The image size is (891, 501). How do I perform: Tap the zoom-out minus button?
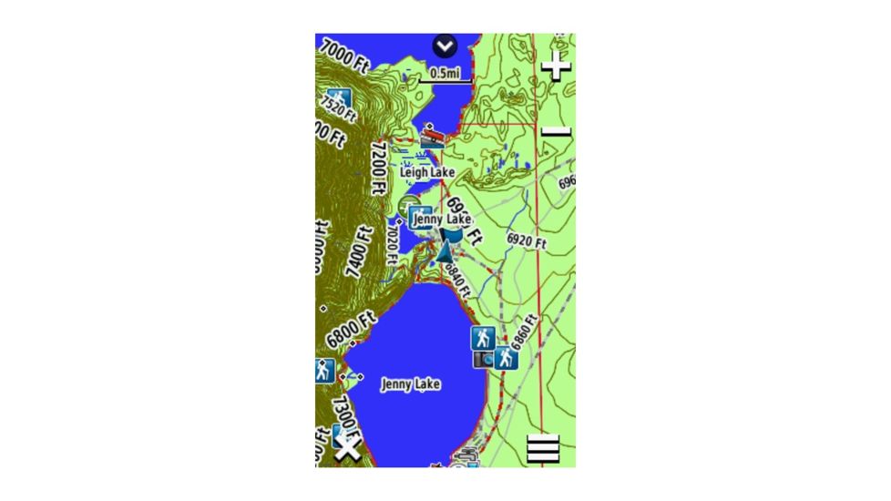(555, 133)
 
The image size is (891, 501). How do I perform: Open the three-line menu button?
(542, 449)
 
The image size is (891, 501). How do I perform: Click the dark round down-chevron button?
(445, 46)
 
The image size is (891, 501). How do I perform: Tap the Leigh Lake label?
(427, 171)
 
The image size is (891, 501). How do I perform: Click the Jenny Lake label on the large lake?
(411, 384)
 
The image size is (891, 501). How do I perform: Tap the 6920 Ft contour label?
(526, 241)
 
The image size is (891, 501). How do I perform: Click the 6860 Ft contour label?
(524, 333)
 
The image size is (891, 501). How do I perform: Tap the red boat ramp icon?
(433, 137)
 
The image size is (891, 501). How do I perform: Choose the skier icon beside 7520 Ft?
(338, 99)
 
